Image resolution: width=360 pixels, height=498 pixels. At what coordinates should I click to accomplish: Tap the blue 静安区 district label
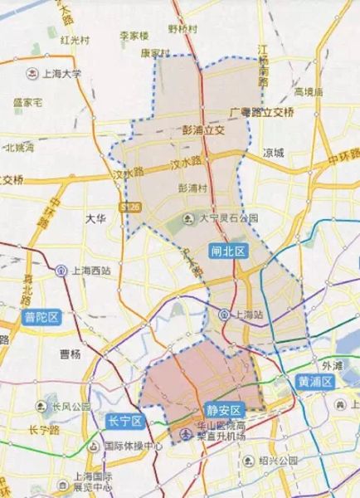[x=224, y=410]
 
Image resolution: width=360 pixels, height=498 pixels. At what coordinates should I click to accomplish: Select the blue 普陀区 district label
[x=41, y=316]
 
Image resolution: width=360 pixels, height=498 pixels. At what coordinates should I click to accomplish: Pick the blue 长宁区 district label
[x=126, y=421]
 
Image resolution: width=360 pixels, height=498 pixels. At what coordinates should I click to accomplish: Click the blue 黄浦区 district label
[x=314, y=381]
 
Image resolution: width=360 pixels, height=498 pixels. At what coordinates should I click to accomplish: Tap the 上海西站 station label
[x=87, y=271]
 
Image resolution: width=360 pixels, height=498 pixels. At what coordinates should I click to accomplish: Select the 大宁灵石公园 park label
[x=222, y=218]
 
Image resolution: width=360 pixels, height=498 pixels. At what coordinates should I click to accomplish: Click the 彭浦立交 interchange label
[x=203, y=129]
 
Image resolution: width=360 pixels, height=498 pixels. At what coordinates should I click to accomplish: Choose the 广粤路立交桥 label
[x=262, y=110]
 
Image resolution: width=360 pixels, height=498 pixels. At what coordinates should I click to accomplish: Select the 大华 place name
[x=96, y=218]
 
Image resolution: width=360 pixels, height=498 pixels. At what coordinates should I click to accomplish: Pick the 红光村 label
[x=75, y=39]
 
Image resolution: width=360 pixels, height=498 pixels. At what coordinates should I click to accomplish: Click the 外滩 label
[x=332, y=364]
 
